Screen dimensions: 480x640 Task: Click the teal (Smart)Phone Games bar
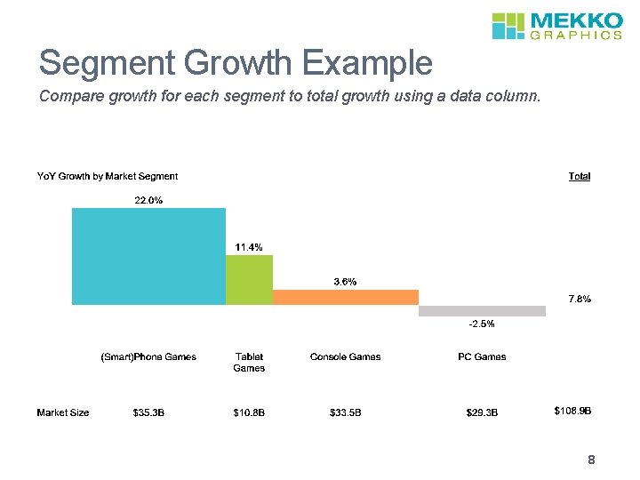click(148, 256)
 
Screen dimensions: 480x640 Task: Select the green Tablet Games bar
click(249, 280)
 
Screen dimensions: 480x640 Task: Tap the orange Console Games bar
click(345, 297)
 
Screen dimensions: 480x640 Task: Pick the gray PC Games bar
click(482, 311)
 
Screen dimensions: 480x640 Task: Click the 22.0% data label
click(148, 200)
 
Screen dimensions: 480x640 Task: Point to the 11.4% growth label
click(249, 247)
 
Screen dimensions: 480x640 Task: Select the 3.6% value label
click(345, 282)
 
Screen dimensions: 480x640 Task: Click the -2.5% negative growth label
click(482, 324)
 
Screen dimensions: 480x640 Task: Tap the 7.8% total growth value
click(579, 299)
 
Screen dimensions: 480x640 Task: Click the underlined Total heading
click(579, 177)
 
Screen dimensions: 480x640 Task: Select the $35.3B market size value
click(148, 412)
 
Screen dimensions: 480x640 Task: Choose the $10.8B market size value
click(249, 412)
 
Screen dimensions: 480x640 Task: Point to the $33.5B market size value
click(345, 412)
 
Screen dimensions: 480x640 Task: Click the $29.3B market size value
click(482, 412)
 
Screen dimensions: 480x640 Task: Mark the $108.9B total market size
click(572, 411)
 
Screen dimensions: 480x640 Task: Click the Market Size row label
click(63, 412)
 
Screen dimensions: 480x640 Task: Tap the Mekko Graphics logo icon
click(509, 26)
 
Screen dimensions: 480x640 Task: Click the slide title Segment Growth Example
click(236, 63)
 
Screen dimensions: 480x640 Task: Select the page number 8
click(590, 460)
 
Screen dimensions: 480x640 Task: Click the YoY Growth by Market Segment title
click(107, 177)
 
